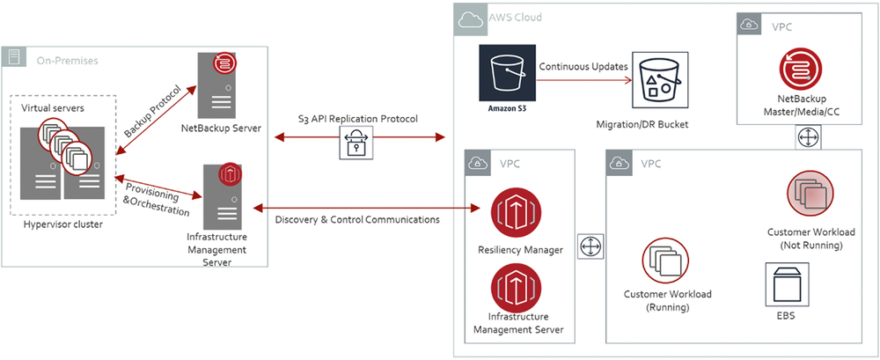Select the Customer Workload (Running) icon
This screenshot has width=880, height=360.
pyautogui.click(x=666, y=261)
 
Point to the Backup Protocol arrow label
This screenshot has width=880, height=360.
pyautogui.click(x=155, y=110)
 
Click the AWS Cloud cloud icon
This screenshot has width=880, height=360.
pyautogui.click(x=468, y=18)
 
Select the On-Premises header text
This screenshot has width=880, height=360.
pyautogui.click(x=67, y=60)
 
